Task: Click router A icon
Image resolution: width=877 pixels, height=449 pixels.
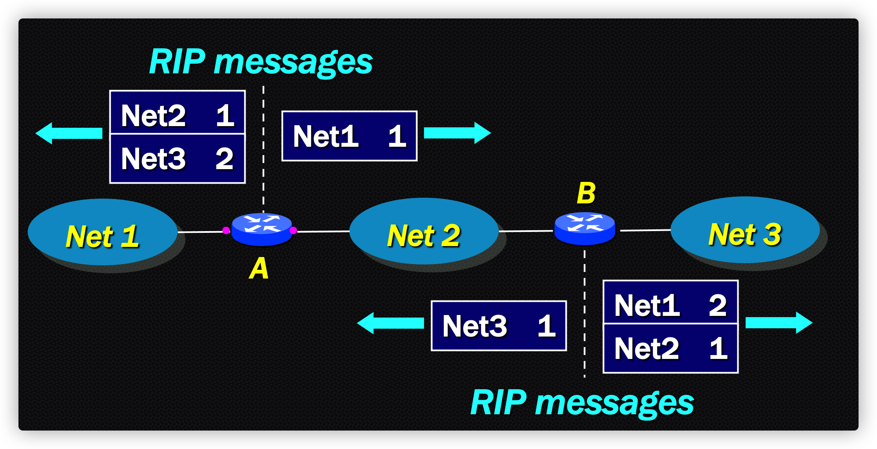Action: pyautogui.click(x=261, y=229)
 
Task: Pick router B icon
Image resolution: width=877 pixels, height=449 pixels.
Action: pyautogui.click(x=584, y=228)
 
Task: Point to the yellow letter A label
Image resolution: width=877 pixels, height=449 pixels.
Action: pyautogui.click(x=259, y=268)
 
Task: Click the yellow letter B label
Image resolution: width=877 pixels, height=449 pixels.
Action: pyautogui.click(x=586, y=193)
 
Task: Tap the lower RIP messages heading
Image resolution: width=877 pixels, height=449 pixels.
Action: pyautogui.click(x=582, y=403)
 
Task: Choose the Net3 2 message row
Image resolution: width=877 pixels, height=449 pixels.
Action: pyautogui.click(x=178, y=159)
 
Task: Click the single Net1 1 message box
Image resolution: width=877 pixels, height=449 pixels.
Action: pyautogui.click(x=349, y=136)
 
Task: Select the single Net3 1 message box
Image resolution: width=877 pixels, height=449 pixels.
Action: pyautogui.click(x=499, y=326)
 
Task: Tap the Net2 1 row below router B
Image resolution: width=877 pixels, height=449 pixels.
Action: pyautogui.click(x=670, y=348)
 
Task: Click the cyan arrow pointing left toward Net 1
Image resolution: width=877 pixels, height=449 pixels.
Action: pyautogui.click(x=69, y=133)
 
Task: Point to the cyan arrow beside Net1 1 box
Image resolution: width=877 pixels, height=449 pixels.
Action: pyautogui.click(x=457, y=133)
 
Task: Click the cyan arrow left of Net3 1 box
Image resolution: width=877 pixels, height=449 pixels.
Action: pyautogui.click(x=391, y=323)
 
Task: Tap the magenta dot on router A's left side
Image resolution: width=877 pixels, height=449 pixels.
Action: pyautogui.click(x=226, y=230)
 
